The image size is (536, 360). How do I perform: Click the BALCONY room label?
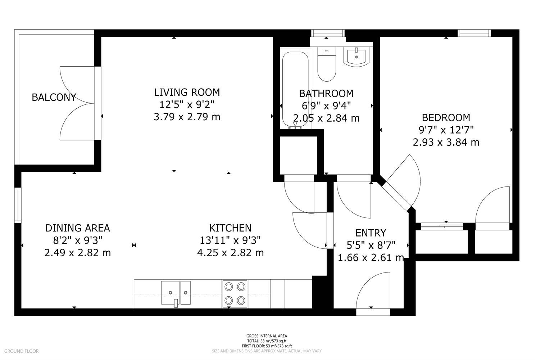point(54,97)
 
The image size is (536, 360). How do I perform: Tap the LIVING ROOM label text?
point(187,92)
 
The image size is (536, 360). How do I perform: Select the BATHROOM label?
point(326,93)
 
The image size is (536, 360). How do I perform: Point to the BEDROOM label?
point(446,118)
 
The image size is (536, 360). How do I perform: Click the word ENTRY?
point(371,233)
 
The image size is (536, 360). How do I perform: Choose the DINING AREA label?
point(78,228)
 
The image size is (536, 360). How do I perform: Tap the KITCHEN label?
point(230,228)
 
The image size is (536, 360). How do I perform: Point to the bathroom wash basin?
point(356,56)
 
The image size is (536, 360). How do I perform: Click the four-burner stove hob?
point(235,294)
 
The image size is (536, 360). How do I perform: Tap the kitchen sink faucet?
point(176,303)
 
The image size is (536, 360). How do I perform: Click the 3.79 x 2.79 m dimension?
point(187,117)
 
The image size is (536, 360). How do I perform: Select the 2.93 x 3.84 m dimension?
point(446,142)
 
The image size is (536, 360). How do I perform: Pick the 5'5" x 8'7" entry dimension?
point(371,245)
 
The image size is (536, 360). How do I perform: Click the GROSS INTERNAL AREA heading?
point(267,336)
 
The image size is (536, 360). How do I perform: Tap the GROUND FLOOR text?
point(21,351)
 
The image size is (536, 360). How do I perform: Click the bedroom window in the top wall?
point(474,33)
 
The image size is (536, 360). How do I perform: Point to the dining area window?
point(18,205)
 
